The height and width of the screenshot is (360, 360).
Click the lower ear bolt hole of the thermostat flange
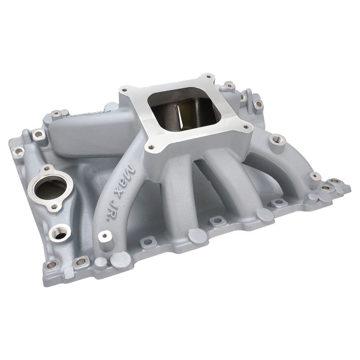coord(55,207)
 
